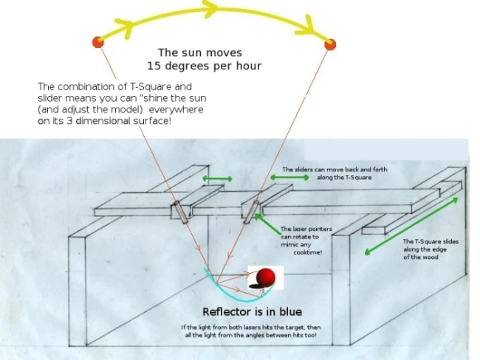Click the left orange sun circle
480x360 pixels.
97,42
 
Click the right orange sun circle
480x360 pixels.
330,44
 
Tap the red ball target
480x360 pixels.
267,278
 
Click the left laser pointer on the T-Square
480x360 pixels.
179,211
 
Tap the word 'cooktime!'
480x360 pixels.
304,251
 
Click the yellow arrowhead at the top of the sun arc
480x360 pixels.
211,8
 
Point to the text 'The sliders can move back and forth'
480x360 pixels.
335,169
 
